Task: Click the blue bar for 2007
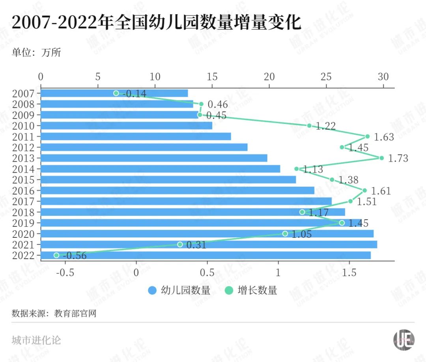click(114, 93)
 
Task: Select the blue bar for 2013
click(154, 158)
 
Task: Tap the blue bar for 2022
click(206, 255)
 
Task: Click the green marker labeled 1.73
click(381, 158)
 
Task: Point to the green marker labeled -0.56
click(56, 255)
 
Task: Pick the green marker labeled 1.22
click(309, 126)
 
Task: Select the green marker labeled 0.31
click(180, 244)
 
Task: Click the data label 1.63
click(384, 137)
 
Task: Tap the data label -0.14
click(134, 94)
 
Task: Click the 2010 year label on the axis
click(24, 126)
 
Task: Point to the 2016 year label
click(24, 190)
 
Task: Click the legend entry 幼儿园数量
click(179, 291)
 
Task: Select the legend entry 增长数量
click(251, 291)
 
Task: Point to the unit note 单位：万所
click(36, 53)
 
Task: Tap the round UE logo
click(404, 340)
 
